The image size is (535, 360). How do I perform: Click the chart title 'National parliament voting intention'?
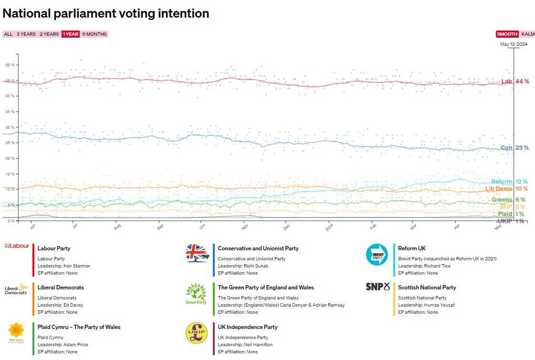coord(106,13)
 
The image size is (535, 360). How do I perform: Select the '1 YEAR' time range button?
coord(70,34)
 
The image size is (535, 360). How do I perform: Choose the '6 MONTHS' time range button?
coord(94,34)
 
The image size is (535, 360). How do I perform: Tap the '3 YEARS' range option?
coord(26,34)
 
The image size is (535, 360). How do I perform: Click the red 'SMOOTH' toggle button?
coord(507,34)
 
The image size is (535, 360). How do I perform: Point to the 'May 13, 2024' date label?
coord(514,44)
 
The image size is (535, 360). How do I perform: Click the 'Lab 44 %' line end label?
coord(515,82)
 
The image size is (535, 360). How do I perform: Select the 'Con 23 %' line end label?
coord(514,148)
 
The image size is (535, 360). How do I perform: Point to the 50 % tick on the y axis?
coord(10,65)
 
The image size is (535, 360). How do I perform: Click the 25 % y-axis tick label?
coord(10,143)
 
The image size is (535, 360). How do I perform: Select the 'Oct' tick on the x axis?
coord(202,228)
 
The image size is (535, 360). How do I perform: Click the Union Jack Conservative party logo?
coord(198,253)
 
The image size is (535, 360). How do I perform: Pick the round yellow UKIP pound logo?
coord(197,333)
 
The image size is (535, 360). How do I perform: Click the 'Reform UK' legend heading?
coord(411,248)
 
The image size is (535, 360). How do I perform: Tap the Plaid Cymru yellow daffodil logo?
coord(16,330)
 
